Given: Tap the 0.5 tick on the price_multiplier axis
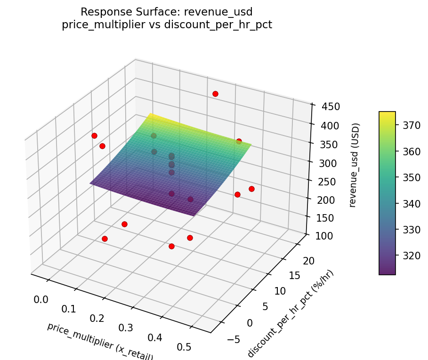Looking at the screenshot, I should (x=184, y=347).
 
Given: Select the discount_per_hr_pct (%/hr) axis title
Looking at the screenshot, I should (x=291, y=313).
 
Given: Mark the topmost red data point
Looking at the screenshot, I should (x=215, y=94).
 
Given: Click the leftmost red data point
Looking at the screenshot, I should (x=94, y=136).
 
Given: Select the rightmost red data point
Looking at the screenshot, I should (x=251, y=189).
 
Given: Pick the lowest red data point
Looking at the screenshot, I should (x=171, y=246).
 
